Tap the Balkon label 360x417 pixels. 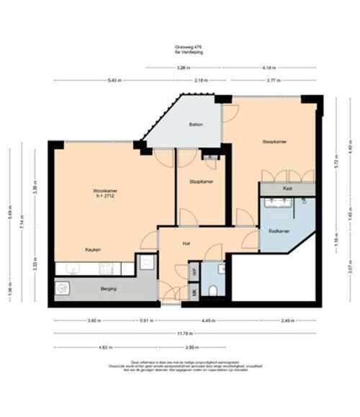click(196, 125)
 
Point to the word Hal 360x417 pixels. click(186, 243)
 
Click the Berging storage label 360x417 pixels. click(108, 288)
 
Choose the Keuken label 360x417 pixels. click(93, 249)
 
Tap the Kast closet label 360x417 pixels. click(287, 188)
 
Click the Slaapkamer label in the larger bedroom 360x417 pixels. click(275, 142)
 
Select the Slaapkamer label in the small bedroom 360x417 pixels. click(201, 181)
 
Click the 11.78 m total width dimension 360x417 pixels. click(185, 333)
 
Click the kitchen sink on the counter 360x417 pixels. click(72, 269)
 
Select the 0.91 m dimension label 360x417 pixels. click(146, 320)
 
